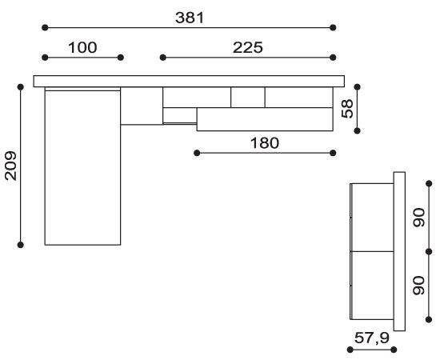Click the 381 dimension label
(190, 18)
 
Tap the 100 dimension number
(82, 47)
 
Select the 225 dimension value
(248, 47)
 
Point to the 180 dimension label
(264, 143)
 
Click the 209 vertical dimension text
(11, 166)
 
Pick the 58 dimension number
(347, 109)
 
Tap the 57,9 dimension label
(372, 338)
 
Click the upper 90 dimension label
(419, 218)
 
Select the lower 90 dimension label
(419, 286)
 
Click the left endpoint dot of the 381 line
(45, 28)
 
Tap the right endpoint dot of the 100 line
(121, 58)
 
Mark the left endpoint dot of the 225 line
(163, 58)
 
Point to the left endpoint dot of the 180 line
(197, 153)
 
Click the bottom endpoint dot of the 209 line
(20, 245)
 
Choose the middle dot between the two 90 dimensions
(429, 252)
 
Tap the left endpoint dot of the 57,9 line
(350, 350)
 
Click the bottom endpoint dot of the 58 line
(357, 131)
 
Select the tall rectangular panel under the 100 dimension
(82, 168)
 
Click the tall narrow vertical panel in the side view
(399, 251)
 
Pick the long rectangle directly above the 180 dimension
(265, 119)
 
